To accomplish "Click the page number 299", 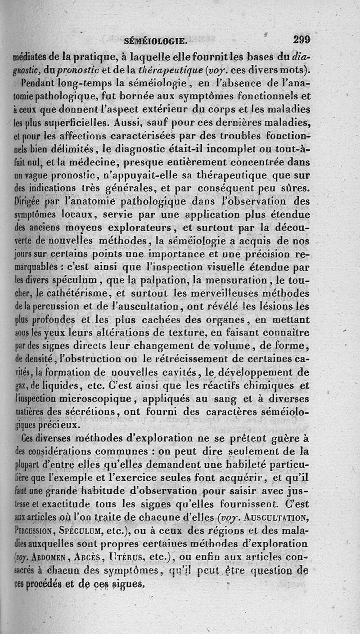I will [x=301, y=40].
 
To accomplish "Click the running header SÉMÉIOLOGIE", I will [x=155, y=42].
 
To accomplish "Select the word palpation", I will [x=197, y=280].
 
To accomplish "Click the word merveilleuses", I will [x=227, y=293].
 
